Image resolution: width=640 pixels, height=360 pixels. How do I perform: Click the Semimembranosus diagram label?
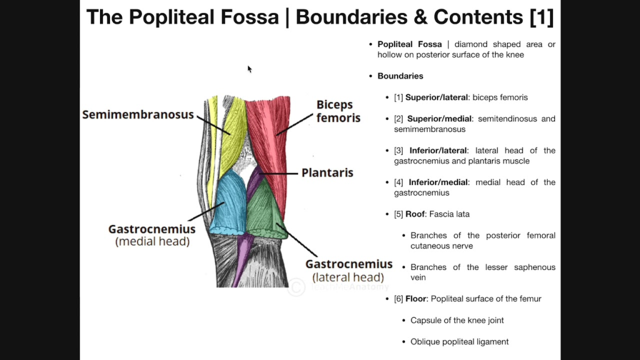tap(138, 115)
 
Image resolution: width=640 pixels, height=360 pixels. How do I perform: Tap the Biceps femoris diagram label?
tap(338, 111)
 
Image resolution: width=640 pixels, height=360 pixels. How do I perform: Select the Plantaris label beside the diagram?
tap(327, 172)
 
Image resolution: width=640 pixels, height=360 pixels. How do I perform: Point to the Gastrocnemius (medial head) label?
tap(152, 235)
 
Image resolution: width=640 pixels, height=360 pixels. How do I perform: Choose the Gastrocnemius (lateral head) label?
tap(349, 270)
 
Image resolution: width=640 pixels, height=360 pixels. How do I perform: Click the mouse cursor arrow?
tap(249, 69)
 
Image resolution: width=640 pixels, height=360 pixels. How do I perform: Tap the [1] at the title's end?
tap(541, 17)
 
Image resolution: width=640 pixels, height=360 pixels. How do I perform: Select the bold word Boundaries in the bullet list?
tap(400, 76)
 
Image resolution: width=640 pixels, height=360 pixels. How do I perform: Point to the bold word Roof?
tap(416, 214)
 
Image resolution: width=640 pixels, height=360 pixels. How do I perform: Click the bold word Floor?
tap(416, 299)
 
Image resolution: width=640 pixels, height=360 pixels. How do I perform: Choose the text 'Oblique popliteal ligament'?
tap(459, 342)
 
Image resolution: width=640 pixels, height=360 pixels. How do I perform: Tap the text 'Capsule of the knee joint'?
tap(457, 321)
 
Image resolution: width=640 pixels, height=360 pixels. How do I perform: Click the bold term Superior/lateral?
tap(436, 97)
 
